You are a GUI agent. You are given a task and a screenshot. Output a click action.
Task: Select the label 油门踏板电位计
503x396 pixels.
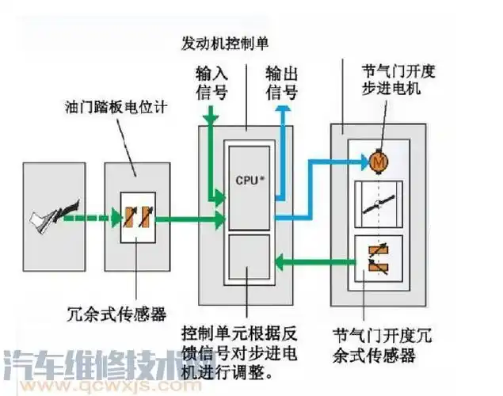pyautogui.click(x=117, y=105)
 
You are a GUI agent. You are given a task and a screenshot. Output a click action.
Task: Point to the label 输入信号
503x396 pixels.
pyautogui.click(x=211, y=82)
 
